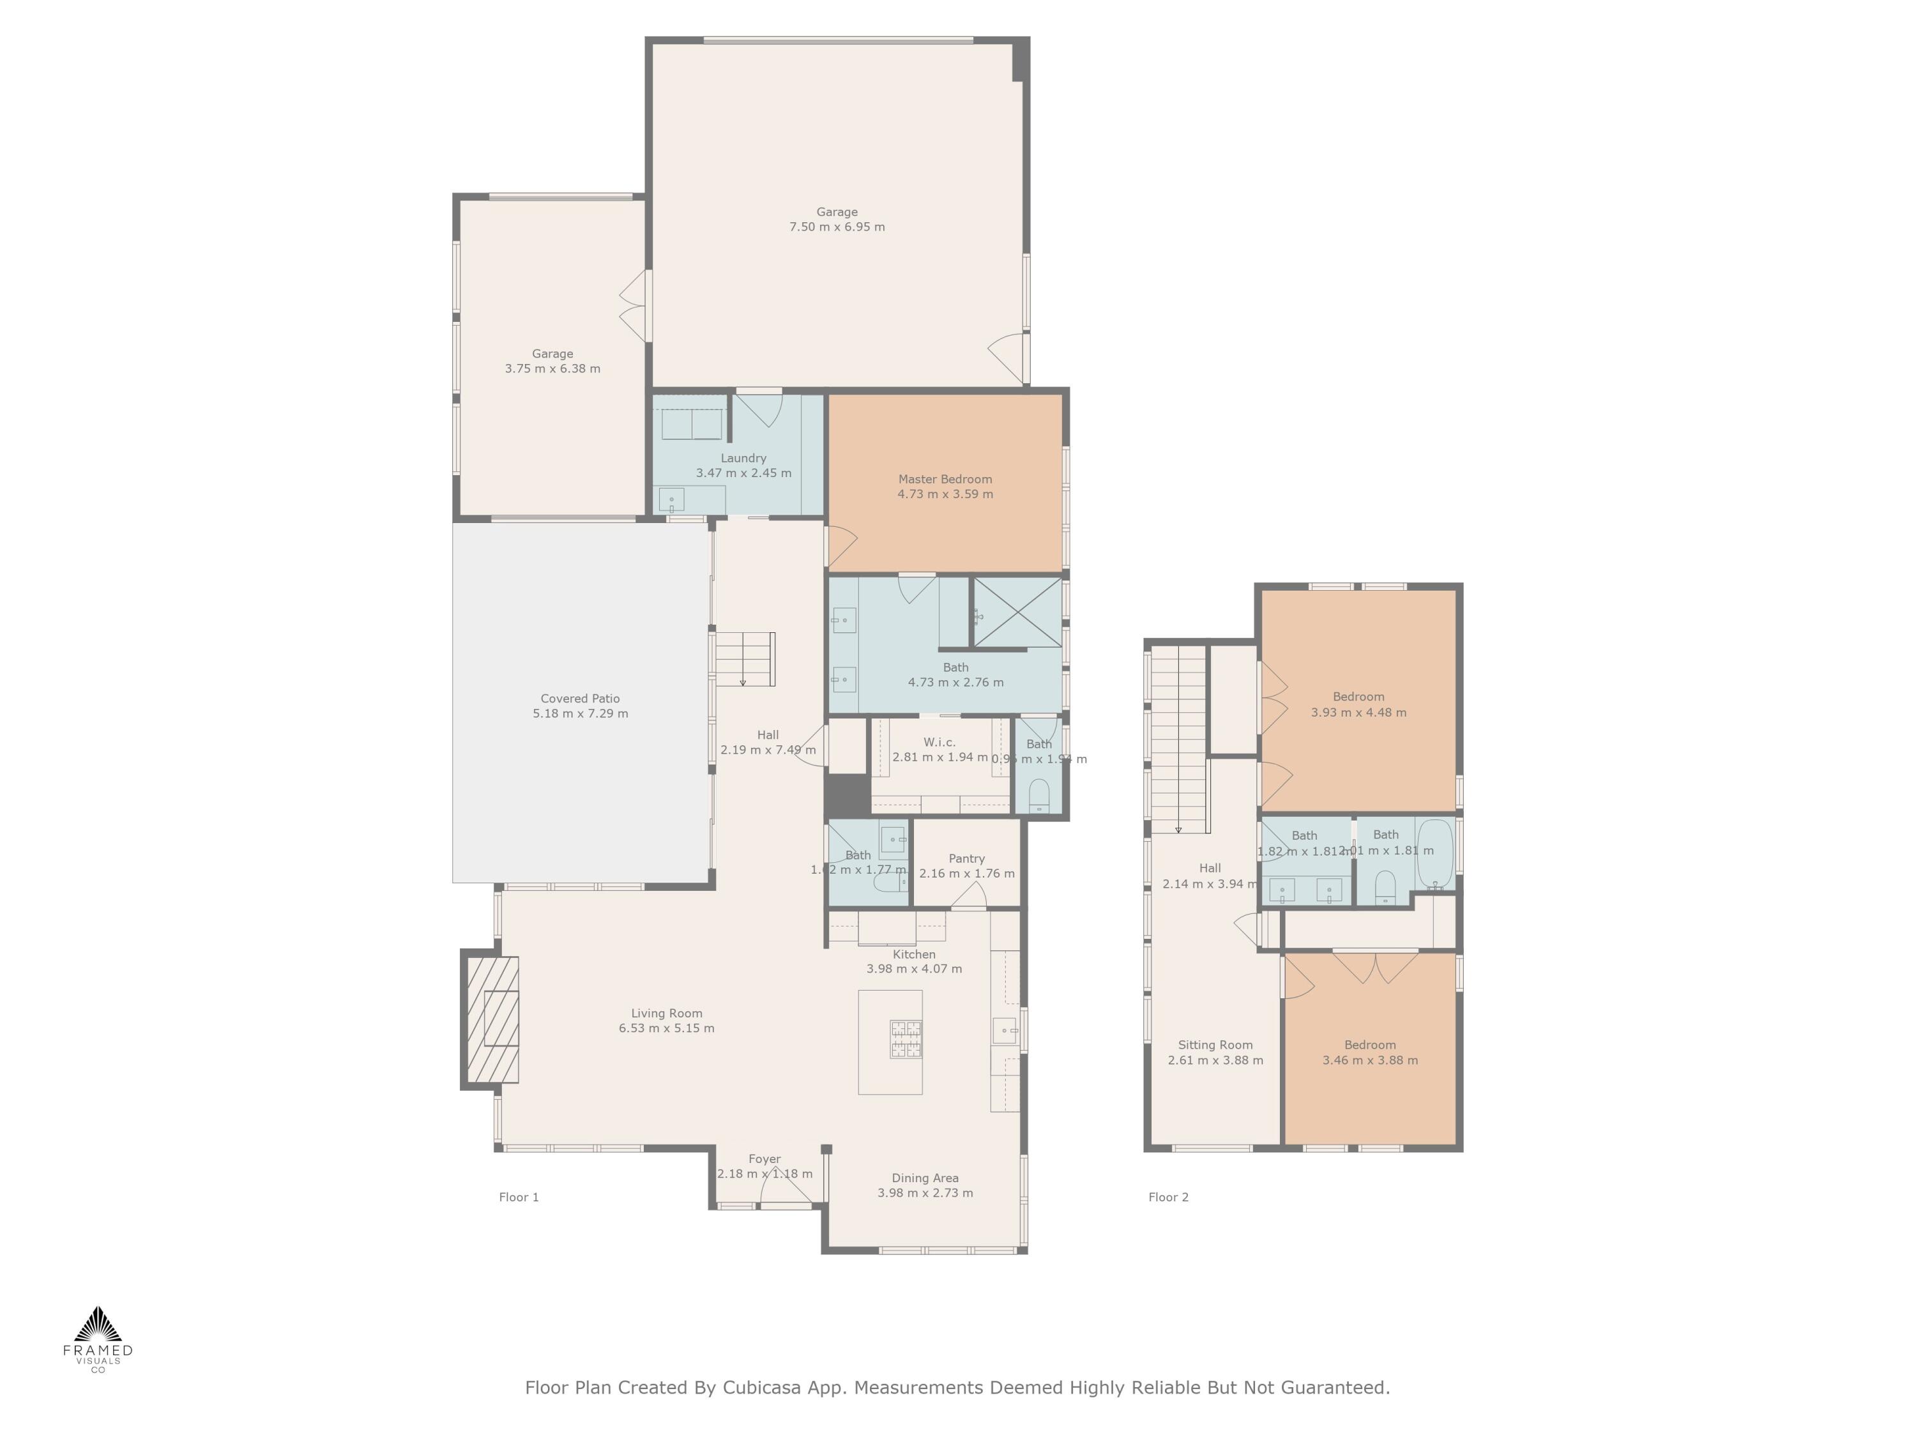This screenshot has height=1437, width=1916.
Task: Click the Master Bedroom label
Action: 945,479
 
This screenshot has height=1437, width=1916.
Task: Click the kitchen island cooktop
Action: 906,1039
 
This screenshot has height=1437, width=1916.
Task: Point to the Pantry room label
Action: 967,858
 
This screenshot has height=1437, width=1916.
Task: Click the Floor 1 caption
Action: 519,1197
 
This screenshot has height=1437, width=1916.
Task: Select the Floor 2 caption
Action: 1169,1197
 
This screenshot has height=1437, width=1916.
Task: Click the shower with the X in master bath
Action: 1019,612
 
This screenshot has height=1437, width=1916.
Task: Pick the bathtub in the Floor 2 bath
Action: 1434,853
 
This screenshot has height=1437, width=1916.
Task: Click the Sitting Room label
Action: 1215,1045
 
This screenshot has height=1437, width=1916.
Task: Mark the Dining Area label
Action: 925,1178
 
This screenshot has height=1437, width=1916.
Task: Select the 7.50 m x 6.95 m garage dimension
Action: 837,227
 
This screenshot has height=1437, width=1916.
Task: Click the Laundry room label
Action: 743,458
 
